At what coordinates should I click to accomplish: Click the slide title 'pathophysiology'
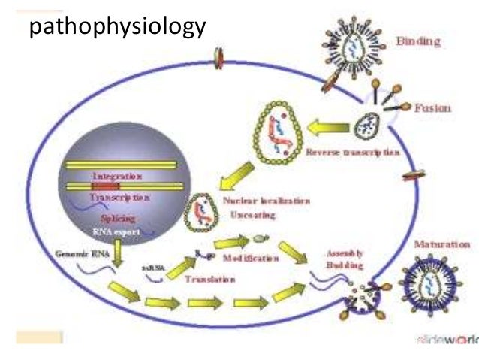pyautogui.click(x=116, y=29)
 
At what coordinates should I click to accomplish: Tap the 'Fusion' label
pyautogui.click(x=432, y=107)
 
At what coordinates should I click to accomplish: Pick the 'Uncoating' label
pyautogui.click(x=252, y=215)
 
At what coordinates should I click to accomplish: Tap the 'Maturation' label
pyautogui.click(x=442, y=244)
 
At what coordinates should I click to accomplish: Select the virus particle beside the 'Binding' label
pyautogui.click(x=352, y=47)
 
